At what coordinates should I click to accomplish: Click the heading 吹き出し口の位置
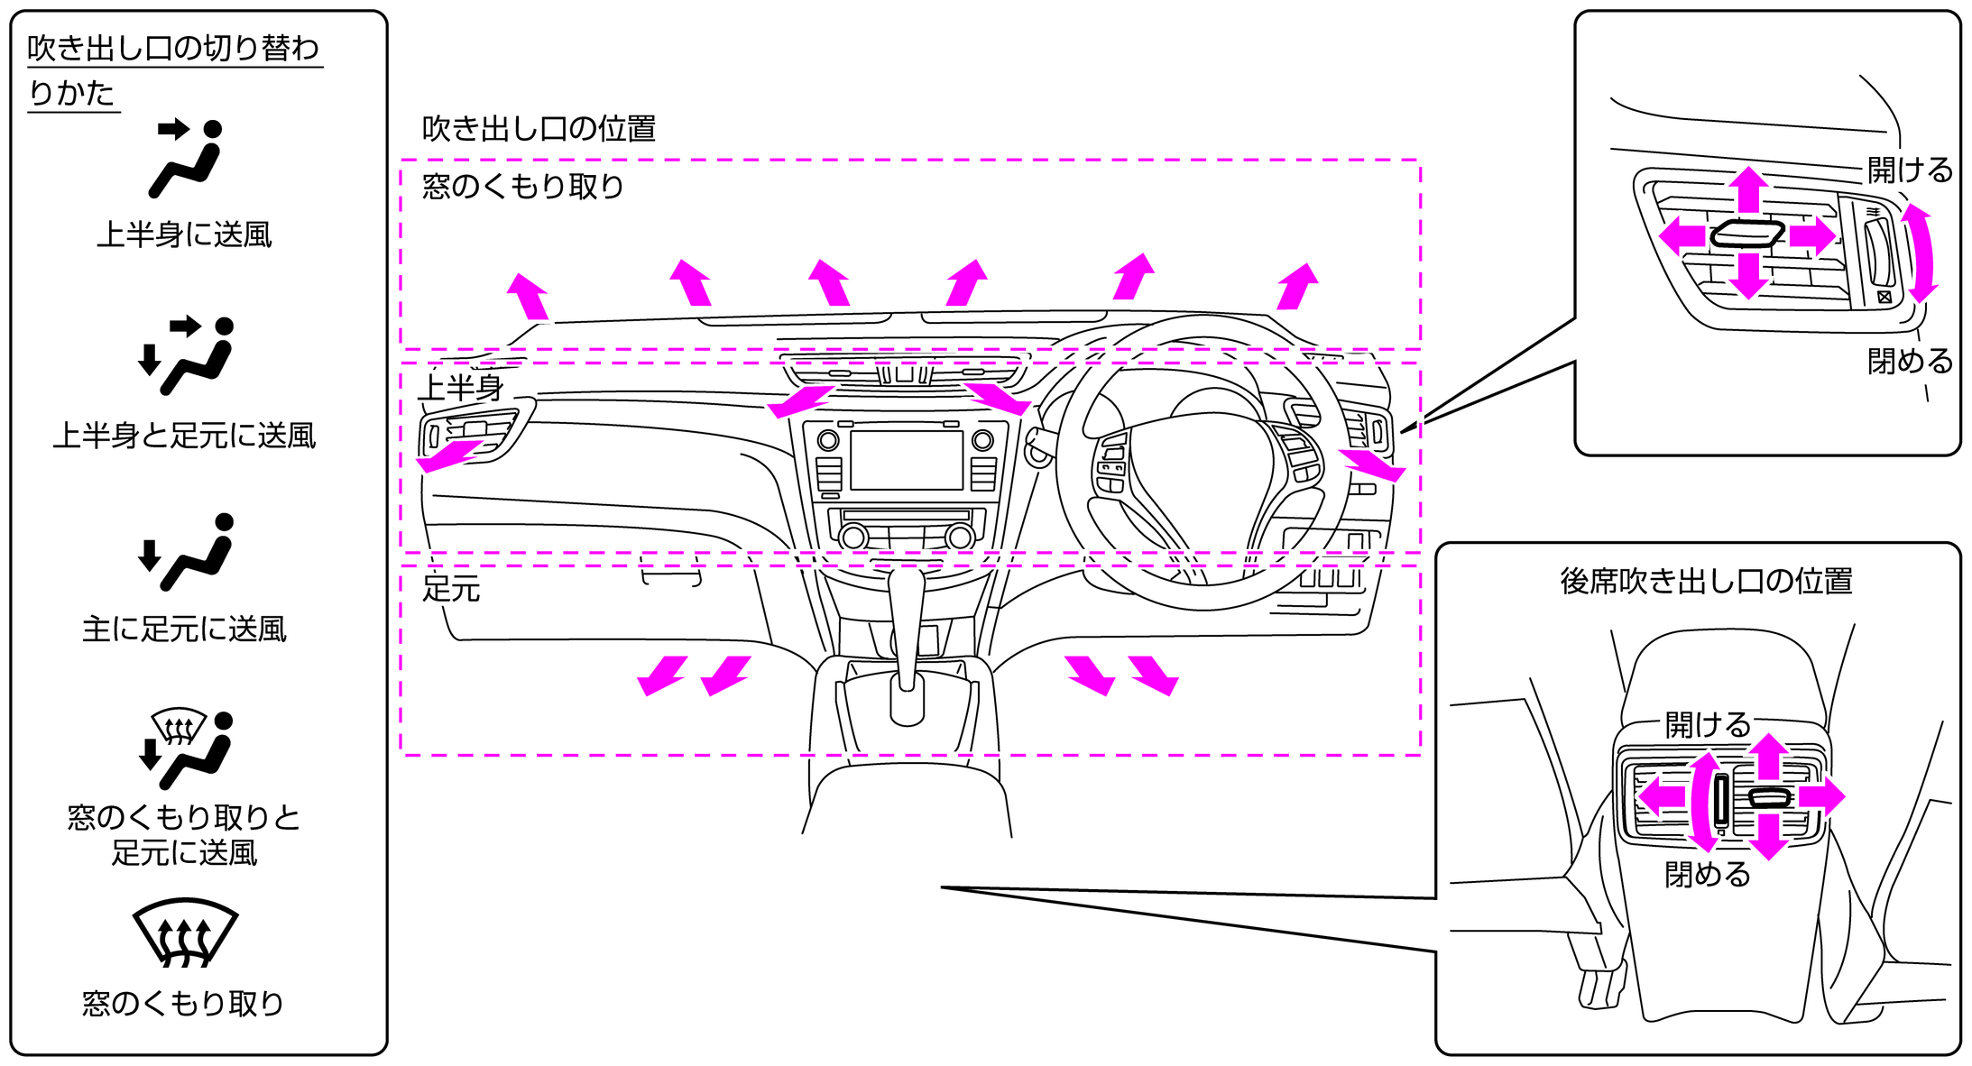pos(539,129)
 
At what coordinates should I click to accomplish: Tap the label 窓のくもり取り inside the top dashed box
pos(523,187)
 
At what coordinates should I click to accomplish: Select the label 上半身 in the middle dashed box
pos(461,388)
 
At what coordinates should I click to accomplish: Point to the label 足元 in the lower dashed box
pos(451,589)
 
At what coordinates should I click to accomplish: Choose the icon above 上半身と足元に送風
pos(186,355)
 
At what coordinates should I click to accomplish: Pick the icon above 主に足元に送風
pos(186,552)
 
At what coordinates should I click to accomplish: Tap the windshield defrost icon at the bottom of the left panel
pos(185,933)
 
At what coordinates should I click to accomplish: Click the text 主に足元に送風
pos(184,629)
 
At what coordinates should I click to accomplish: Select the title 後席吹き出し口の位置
pos(1706,582)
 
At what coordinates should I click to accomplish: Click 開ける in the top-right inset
pos(1910,170)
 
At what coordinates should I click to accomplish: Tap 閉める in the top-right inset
pos(1910,362)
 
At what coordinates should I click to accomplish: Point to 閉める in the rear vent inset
pos(1708,875)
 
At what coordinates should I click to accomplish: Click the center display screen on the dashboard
pos(906,460)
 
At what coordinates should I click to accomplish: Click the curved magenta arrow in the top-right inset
pos(1920,253)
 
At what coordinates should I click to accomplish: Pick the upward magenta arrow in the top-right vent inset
pos(1749,189)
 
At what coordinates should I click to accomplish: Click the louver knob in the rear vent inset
pos(1769,797)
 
